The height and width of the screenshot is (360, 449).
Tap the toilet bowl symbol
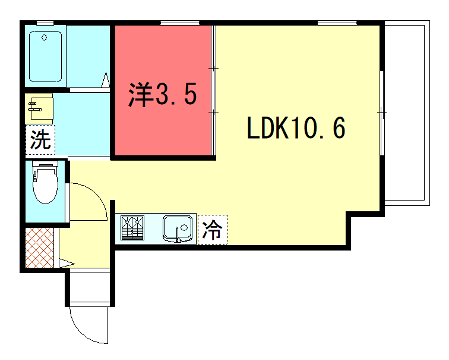(x=46, y=186)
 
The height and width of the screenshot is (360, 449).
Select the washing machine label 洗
(x=39, y=139)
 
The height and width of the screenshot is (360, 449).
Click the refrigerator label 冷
(x=213, y=230)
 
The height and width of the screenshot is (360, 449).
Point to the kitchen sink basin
(x=179, y=229)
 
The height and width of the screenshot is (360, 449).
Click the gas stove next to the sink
(x=134, y=229)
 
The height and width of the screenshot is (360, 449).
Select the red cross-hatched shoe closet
(x=39, y=248)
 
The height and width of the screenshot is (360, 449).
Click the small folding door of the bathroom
(x=106, y=80)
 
